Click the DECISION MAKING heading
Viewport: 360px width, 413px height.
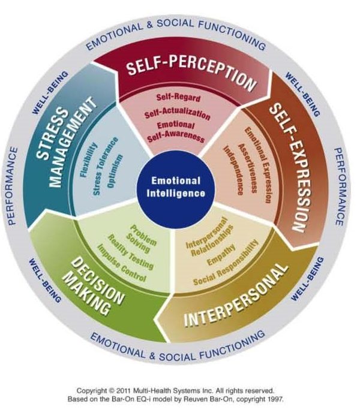click(94, 287)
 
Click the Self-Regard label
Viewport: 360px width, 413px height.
click(178, 98)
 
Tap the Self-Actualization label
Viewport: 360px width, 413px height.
click(177, 114)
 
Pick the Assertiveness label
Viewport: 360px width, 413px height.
click(247, 168)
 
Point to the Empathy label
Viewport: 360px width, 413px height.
click(221, 255)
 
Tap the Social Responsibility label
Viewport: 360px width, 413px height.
click(226, 263)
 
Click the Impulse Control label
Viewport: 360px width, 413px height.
click(122, 263)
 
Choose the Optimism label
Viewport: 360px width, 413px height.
click(115, 171)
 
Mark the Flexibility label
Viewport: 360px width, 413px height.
click(89, 160)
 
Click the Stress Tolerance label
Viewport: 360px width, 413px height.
click(105, 166)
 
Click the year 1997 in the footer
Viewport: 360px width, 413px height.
click(275, 399)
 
